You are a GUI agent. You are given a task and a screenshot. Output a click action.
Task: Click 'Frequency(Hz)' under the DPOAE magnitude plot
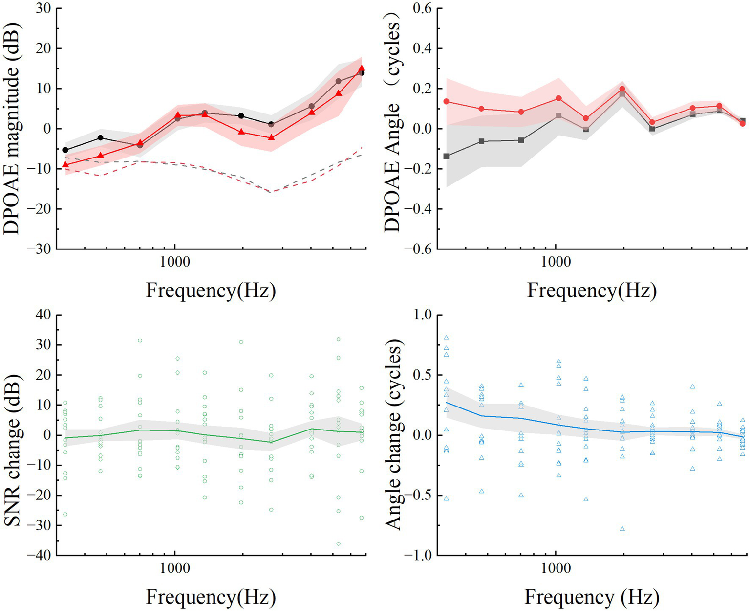pos(211,291)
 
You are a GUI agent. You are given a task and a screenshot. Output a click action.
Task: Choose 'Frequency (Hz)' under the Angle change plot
pos(592,597)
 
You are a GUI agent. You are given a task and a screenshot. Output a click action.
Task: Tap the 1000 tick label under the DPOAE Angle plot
pos(556,262)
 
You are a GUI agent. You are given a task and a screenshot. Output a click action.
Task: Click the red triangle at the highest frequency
pos(362,69)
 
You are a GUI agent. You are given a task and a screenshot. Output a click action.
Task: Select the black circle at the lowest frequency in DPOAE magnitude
pos(65,150)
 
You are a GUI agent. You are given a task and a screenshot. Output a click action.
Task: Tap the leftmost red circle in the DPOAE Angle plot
pos(446,101)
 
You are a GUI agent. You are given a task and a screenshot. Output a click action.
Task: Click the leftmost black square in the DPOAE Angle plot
pos(446,156)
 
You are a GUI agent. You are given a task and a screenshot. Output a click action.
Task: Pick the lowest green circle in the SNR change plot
pos(338,544)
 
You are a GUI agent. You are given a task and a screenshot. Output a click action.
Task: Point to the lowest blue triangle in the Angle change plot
pos(622,529)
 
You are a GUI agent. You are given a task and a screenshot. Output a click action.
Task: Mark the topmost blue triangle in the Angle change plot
pos(446,338)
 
